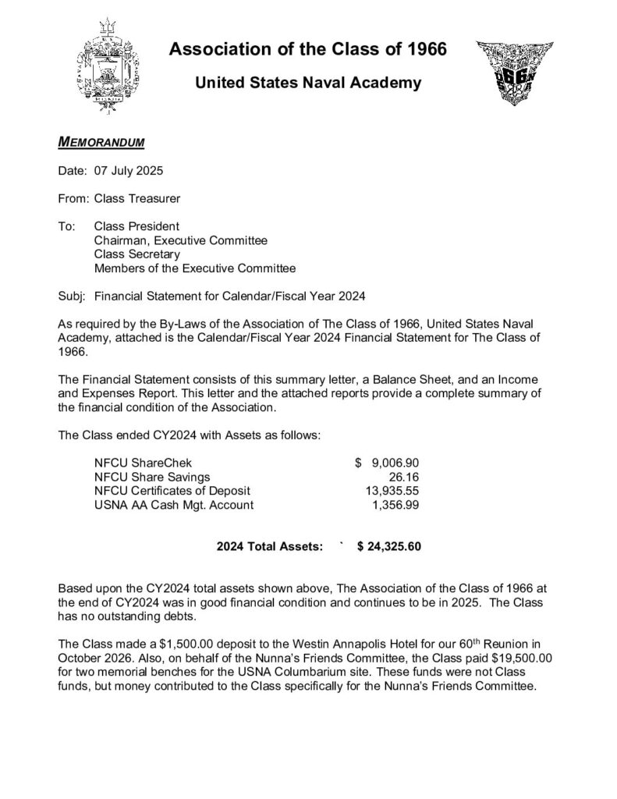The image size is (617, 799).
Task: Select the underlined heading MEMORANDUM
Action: (101, 143)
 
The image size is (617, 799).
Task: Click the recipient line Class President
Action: (137, 226)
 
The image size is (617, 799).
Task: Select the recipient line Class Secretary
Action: (137, 254)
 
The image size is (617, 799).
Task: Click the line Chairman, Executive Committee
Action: (180, 240)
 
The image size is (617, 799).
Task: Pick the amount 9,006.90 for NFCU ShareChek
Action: (395, 463)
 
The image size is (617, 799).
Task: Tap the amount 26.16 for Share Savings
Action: (405, 477)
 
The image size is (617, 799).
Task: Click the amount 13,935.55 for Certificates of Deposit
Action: (392, 491)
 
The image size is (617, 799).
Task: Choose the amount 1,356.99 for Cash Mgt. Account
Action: (395, 505)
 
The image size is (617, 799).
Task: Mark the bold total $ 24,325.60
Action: (388, 547)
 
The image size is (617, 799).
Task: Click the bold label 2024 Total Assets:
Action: (269, 547)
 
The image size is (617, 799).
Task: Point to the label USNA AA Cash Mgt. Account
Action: (173, 505)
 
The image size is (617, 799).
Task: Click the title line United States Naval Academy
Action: (308, 83)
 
